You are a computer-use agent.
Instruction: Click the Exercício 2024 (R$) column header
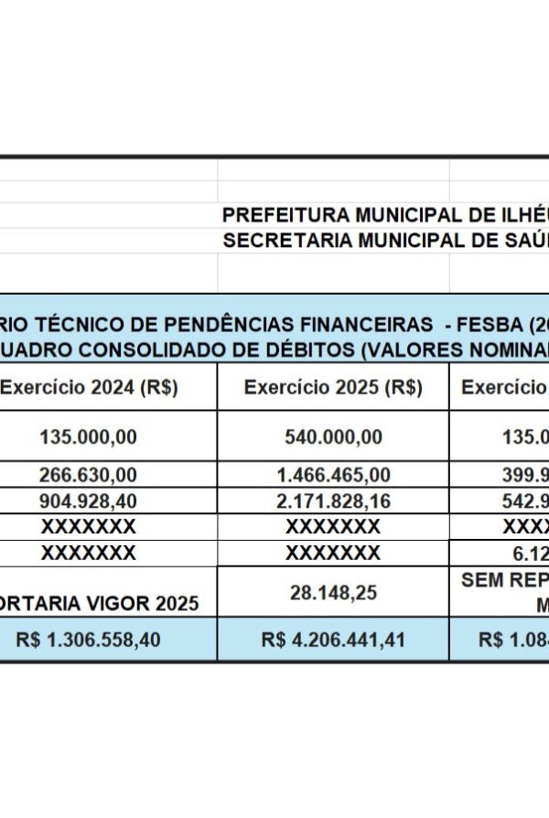click(x=89, y=388)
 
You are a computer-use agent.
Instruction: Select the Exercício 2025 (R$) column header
click(x=333, y=388)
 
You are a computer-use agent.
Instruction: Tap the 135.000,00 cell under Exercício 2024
click(x=88, y=437)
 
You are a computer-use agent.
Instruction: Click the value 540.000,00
click(x=333, y=437)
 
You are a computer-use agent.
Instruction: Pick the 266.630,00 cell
click(x=88, y=475)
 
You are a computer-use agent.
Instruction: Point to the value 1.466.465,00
click(x=333, y=475)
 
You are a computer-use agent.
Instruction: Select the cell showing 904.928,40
click(x=88, y=500)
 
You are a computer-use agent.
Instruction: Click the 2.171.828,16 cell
click(x=333, y=500)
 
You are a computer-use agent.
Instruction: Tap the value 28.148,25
click(x=333, y=593)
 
